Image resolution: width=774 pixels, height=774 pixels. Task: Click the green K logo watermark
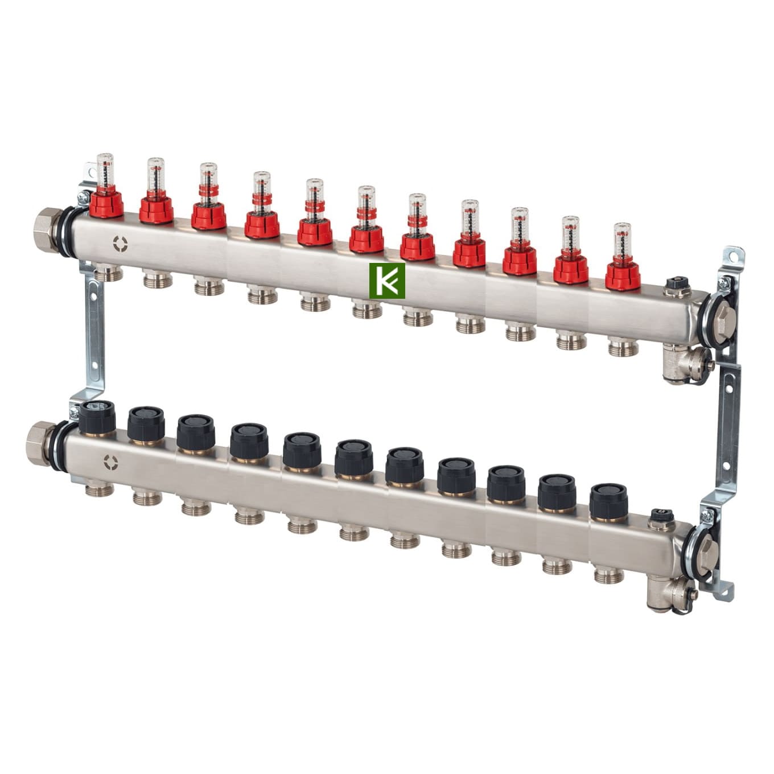pyautogui.click(x=387, y=281)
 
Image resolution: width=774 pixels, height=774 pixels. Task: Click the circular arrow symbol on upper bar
pyautogui.click(x=120, y=244)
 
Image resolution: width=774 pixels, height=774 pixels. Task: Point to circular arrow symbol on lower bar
pyautogui.click(x=110, y=462)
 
